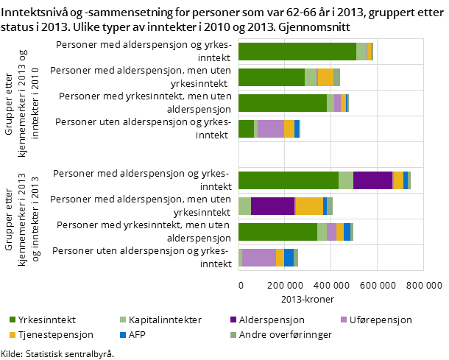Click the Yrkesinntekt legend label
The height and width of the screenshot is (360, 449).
47,320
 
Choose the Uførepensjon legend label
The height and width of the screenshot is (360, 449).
381,320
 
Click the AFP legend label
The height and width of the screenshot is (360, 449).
138,335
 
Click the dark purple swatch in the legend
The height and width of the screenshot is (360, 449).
233,320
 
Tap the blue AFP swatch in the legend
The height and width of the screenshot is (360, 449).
122,335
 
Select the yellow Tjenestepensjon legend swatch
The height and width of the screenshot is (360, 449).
12,335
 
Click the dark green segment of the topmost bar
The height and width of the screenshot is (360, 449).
297,52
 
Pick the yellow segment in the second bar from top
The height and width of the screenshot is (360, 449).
325,77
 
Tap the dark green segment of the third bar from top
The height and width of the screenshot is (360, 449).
283,103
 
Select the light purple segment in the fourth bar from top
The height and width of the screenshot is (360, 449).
270,129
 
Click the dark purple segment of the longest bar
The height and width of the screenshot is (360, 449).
372,180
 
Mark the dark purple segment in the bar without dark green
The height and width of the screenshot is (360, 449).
272,206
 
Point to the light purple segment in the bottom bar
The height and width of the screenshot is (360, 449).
259,258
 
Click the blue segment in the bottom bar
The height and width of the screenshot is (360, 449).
289,258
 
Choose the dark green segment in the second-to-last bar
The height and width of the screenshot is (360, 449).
277,232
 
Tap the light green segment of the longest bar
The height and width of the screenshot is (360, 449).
345,180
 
